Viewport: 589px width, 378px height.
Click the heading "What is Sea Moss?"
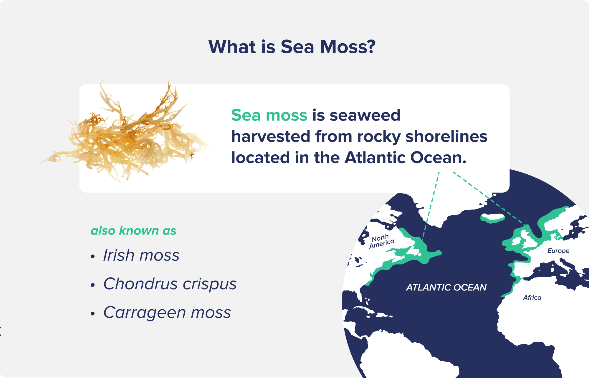point(292,47)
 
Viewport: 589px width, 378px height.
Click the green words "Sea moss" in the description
point(269,115)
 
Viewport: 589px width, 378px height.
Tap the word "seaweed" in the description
point(365,115)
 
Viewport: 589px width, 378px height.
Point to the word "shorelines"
point(446,136)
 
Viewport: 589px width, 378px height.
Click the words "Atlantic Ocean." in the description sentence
point(405,158)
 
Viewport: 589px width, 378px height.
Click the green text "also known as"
point(133,231)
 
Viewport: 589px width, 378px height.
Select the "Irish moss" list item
point(141,255)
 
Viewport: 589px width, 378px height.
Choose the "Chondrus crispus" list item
point(170,284)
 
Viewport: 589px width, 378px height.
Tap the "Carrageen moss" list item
point(167,312)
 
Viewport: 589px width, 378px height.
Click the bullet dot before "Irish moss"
point(93,257)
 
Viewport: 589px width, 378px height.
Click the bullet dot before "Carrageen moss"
point(93,314)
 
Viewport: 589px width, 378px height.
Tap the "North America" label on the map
point(381,241)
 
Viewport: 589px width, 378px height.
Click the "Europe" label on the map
point(558,251)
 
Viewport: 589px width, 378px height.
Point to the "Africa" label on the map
point(532,298)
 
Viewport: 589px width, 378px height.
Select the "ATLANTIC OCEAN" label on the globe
point(446,287)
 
